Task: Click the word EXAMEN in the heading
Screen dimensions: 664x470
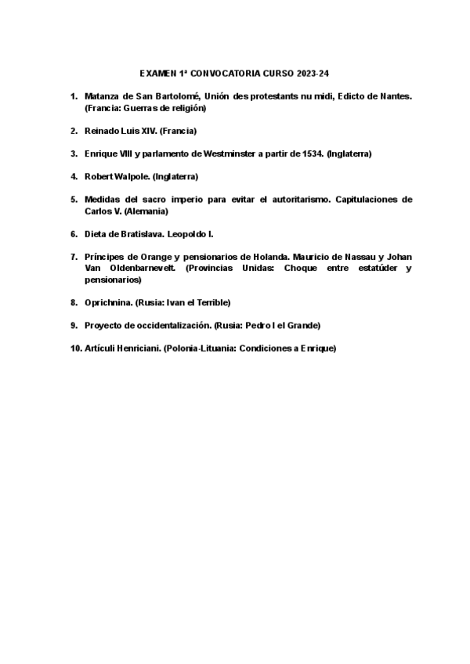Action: tap(157, 73)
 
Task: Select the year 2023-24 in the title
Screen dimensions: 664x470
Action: tap(313, 73)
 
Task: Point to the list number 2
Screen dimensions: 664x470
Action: tap(74, 131)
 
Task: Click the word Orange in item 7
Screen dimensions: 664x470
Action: tap(152, 258)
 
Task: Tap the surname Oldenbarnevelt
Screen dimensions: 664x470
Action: tap(142, 269)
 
